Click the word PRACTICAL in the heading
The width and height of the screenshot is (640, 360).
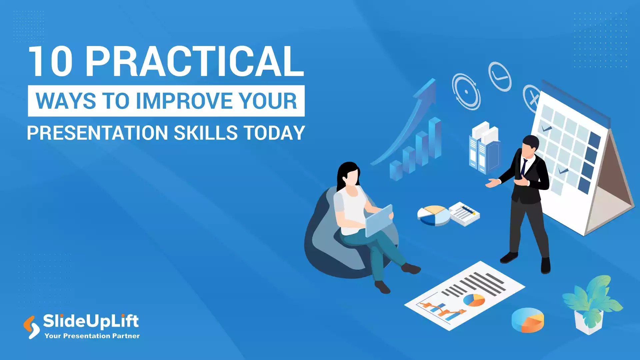195,62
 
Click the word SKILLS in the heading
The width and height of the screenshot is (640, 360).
205,133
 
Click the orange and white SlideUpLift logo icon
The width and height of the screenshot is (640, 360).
31,327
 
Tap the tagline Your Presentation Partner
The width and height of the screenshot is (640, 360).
92,336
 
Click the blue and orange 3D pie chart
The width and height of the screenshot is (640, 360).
528,320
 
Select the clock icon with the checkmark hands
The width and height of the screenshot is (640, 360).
500,76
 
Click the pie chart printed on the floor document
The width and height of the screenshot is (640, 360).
474,300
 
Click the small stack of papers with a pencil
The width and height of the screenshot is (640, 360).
464,214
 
